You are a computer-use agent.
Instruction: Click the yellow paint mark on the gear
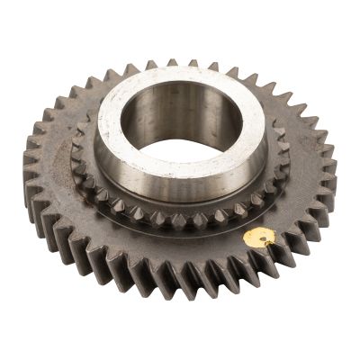259,238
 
